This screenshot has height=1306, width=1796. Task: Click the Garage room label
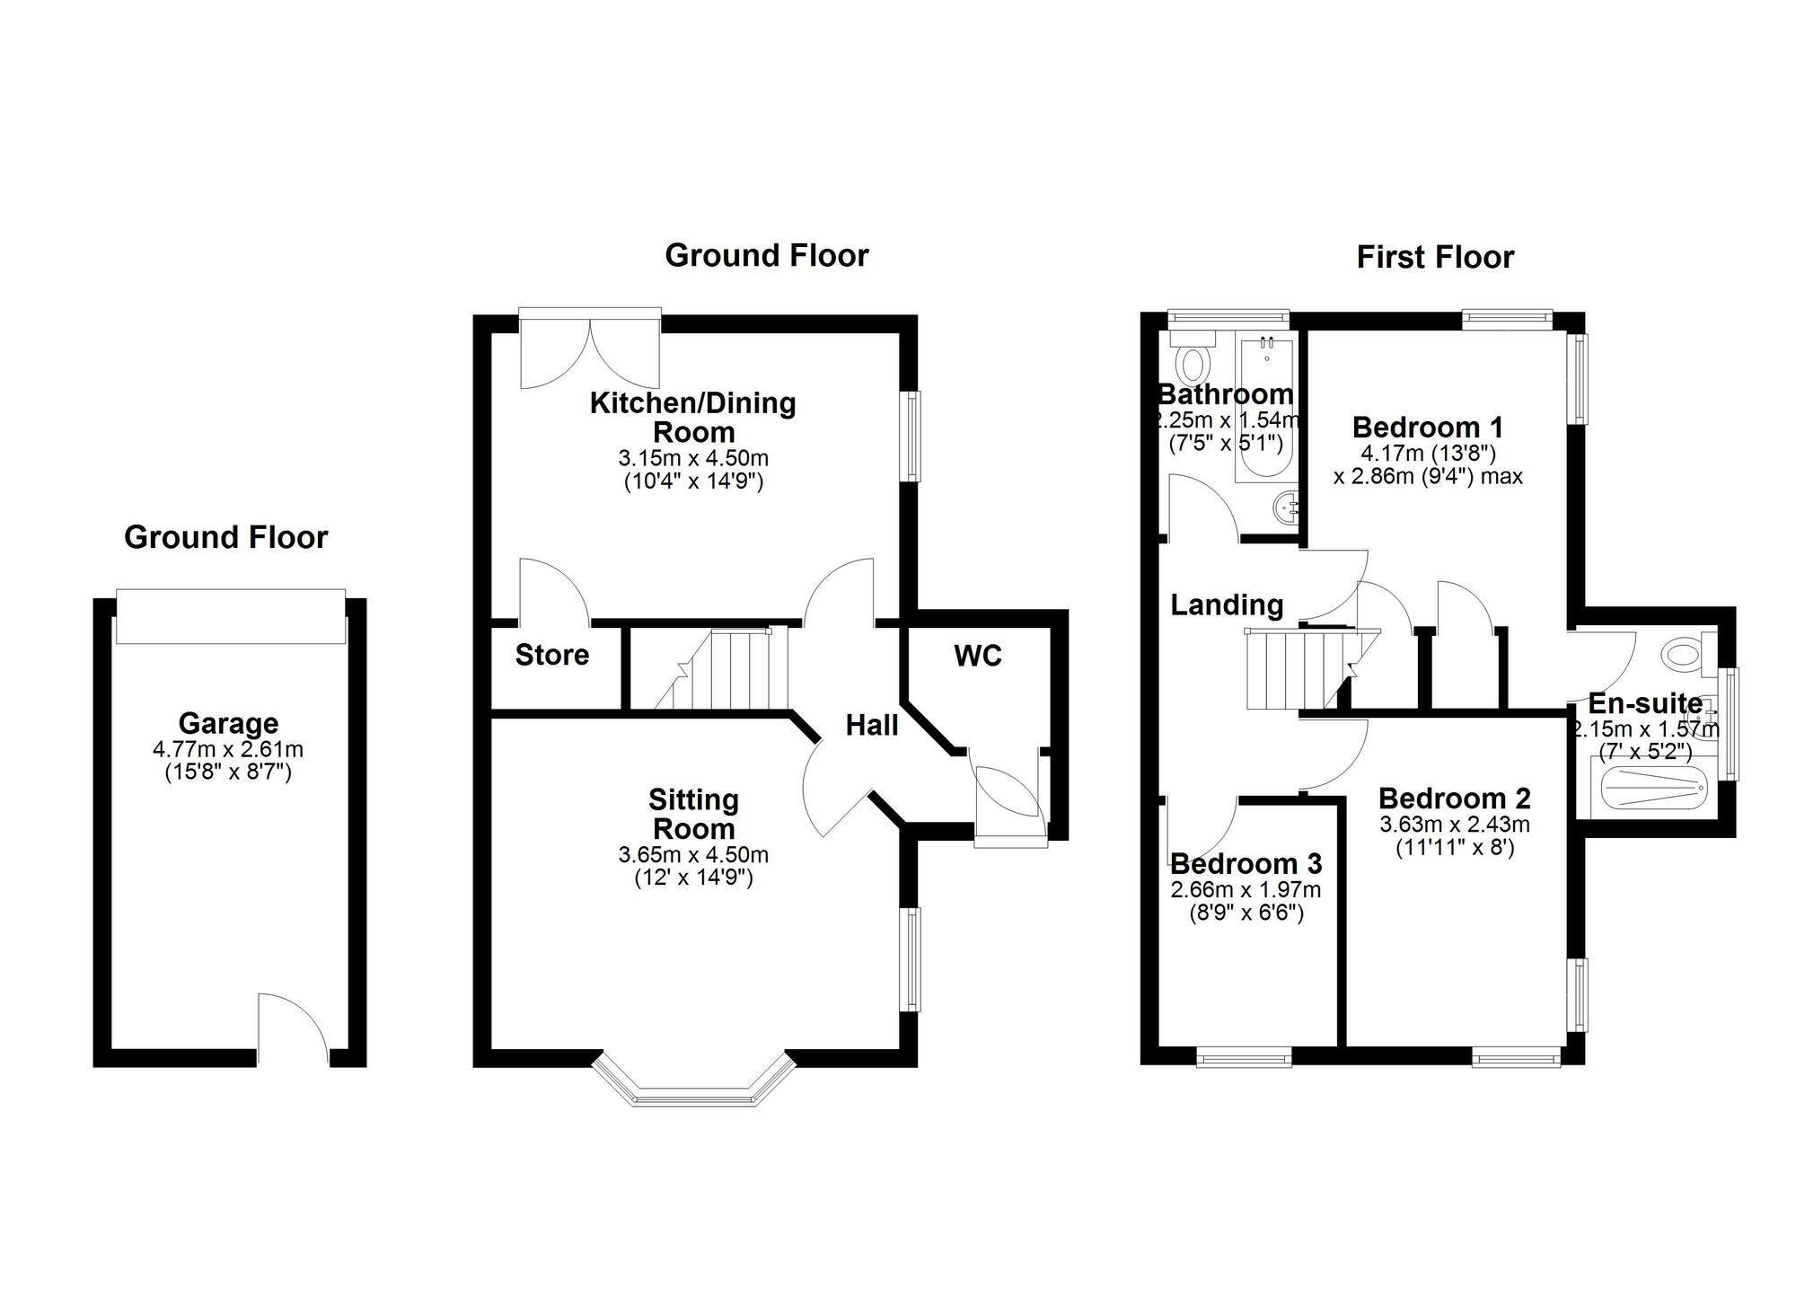coord(228,723)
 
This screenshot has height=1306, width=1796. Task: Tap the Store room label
coord(551,655)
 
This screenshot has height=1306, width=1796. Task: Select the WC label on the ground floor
coord(977,656)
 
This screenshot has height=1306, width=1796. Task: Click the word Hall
coord(871,725)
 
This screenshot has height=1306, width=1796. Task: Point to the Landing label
coord(1227,604)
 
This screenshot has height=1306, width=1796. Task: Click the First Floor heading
coord(1434,258)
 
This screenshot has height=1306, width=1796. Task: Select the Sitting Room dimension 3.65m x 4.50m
coord(693,855)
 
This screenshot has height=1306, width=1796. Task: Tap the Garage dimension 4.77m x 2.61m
coord(228,749)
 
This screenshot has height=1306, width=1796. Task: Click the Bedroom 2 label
coord(1454,798)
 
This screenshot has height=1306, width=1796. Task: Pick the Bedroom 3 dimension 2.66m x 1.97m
coord(1246,890)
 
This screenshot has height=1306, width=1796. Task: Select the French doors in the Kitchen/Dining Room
coord(590,350)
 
